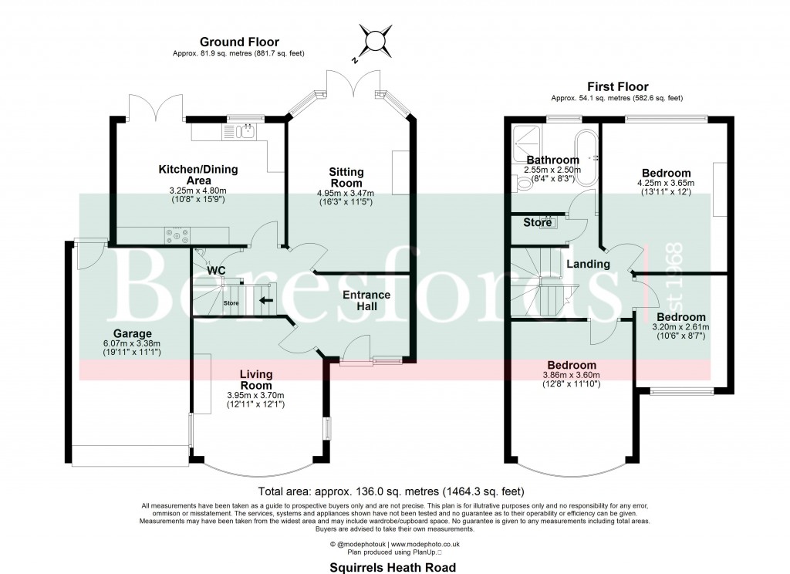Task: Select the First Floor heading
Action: tap(617, 86)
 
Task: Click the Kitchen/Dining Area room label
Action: tap(198, 174)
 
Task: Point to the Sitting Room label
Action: tap(346, 177)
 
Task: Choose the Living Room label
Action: tap(255, 380)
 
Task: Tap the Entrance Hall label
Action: tap(366, 301)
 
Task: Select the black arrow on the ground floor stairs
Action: tap(267, 300)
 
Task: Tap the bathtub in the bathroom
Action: tap(584, 157)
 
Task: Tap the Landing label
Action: tap(588, 264)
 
